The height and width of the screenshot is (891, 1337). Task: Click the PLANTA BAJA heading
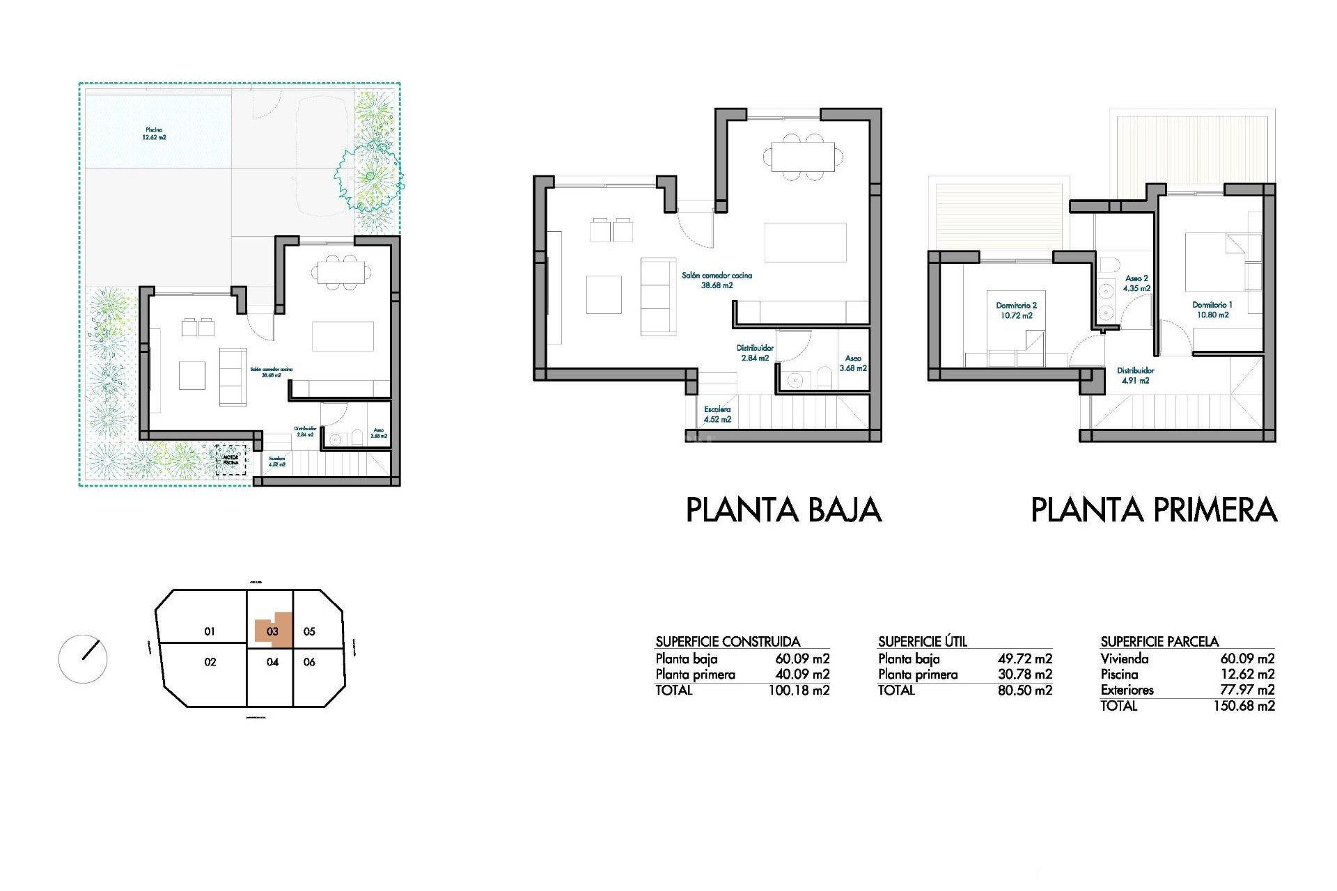pyautogui.click(x=783, y=510)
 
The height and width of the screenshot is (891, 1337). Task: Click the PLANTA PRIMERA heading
pyautogui.click(x=1154, y=510)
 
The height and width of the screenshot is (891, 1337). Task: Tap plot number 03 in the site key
pyautogui.click(x=272, y=631)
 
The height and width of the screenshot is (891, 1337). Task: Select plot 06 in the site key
pyautogui.click(x=309, y=662)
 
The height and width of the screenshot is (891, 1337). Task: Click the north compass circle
pyautogui.click(x=83, y=659)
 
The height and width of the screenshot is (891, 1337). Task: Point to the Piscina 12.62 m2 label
pyautogui.click(x=154, y=134)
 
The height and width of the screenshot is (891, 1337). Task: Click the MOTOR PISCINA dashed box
pyautogui.click(x=230, y=461)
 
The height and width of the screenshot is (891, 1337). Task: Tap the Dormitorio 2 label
pyautogui.click(x=1016, y=310)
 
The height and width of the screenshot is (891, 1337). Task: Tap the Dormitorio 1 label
pyautogui.click(x=1212, y=310)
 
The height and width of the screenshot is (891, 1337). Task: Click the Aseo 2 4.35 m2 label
pyautogui.click(x=1136, y=283)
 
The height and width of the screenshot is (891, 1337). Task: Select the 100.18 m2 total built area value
pyautogui.click(x=799, y=691)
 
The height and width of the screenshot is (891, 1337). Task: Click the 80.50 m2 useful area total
pyautogui.click(x=1024, y=691)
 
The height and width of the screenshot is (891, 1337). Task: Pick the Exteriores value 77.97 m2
pyautogui.click(x=1246, y=690)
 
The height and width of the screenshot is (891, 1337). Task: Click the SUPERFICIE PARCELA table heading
pyautogui.click(x=1159, y=641)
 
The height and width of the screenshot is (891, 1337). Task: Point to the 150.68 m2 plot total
pyautogui.click(x=1244, y=706)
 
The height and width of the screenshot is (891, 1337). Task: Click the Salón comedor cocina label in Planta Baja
pyautogui.click(x=717, y=280)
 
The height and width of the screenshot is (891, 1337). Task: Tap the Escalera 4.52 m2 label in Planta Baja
pyautogui.click(x=717, y=415)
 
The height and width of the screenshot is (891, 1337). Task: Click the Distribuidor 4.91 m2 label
pyautogui.click(x=1135, y=376)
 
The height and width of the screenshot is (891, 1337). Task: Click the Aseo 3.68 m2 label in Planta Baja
pyautogui.click(x=853, y=363)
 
